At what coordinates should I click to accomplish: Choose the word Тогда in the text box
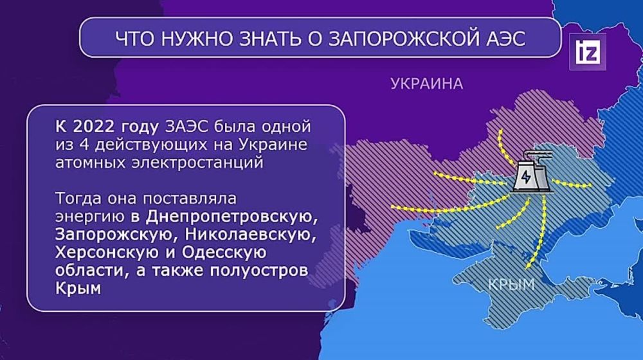tap(78, 197)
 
